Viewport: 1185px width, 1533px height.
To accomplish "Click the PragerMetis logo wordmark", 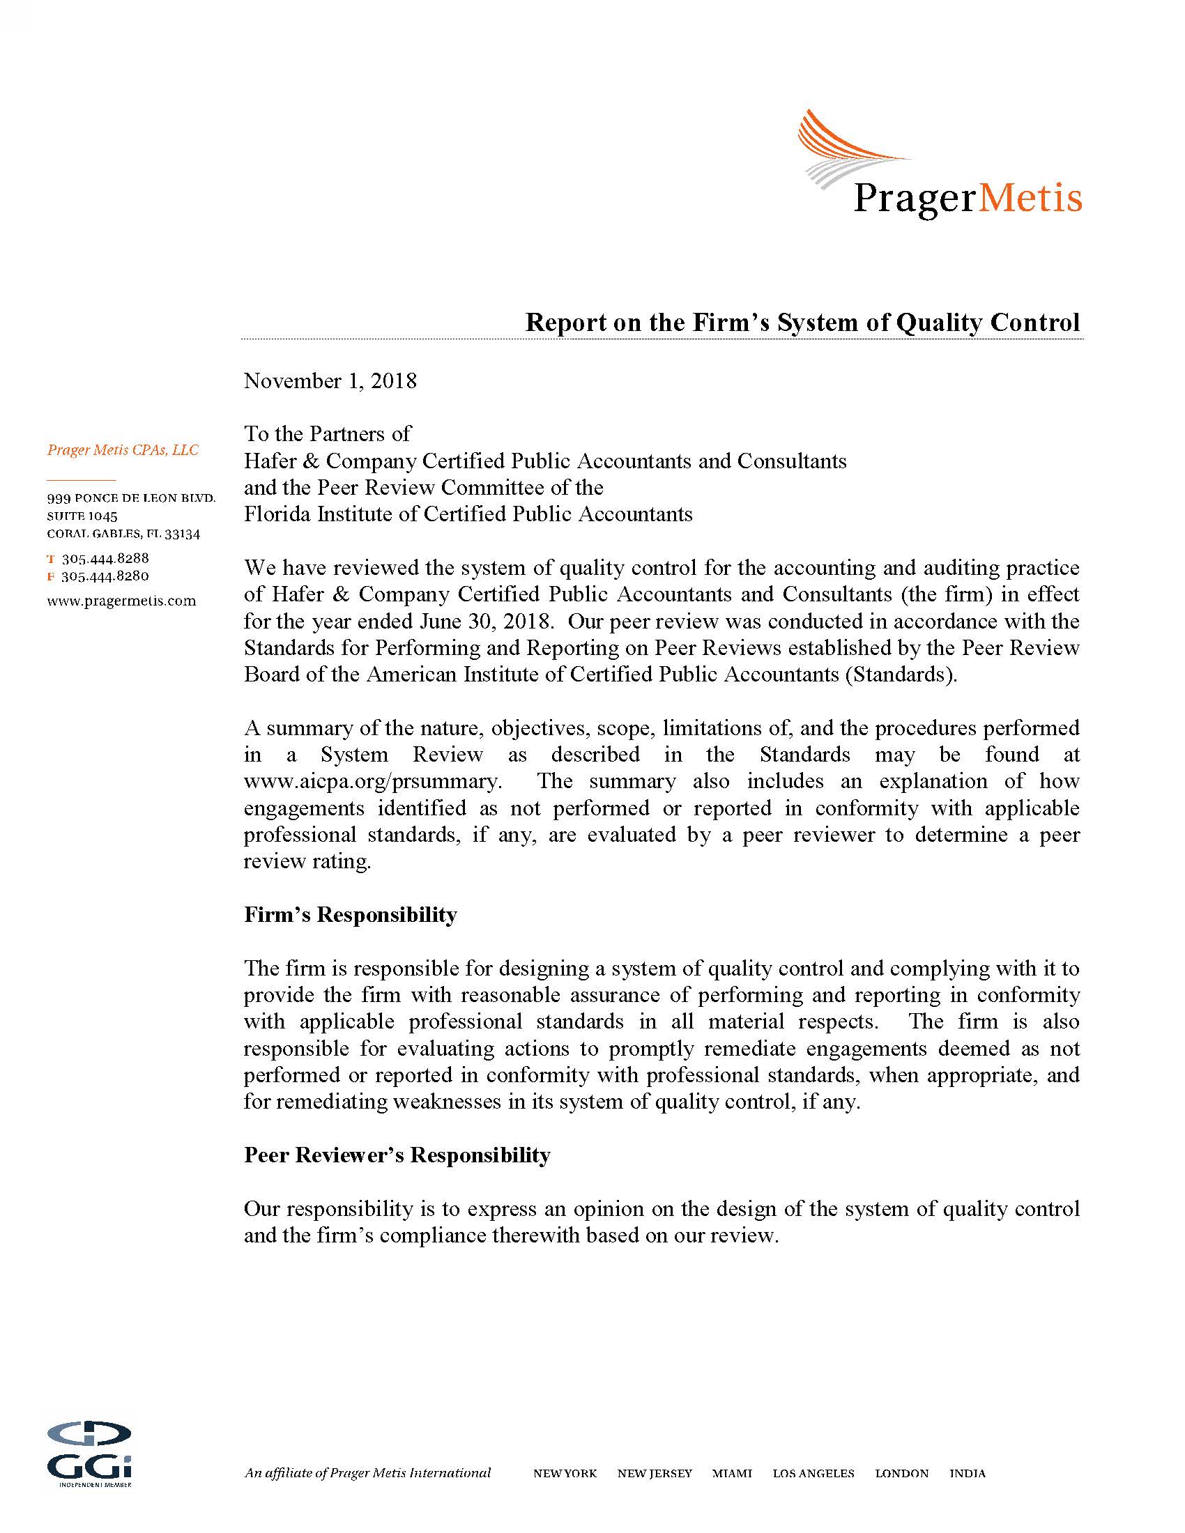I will coord(967,199).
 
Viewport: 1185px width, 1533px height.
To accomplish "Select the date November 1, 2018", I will coord(330,381).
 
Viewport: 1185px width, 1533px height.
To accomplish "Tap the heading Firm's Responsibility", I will coord(351,915).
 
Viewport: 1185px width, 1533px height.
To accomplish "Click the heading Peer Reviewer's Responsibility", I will coord(397,1155).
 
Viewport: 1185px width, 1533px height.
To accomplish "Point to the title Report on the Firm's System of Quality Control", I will coord(802,322).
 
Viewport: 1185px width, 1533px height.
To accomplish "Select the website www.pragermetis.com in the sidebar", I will coord(121,601).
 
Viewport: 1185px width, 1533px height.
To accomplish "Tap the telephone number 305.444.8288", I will coord(105,559).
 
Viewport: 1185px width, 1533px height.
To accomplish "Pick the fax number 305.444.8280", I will coord(105,576).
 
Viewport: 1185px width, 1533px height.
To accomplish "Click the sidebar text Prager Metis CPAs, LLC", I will coord(123,450).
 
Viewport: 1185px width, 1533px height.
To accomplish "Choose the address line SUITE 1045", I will coord(82,516).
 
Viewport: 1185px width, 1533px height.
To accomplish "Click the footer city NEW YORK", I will coord(565,1454).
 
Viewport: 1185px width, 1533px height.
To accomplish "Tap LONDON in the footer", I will coord(901,1454).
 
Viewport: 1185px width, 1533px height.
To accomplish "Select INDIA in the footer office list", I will coord(968,1454).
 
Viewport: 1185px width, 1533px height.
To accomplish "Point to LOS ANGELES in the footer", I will coord(813,1454).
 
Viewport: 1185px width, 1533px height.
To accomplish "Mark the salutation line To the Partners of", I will coord(327,434).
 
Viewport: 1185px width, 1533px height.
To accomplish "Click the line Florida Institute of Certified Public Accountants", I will coord(468,514).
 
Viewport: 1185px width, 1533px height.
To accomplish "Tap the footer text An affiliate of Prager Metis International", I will coord(367,1453).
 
